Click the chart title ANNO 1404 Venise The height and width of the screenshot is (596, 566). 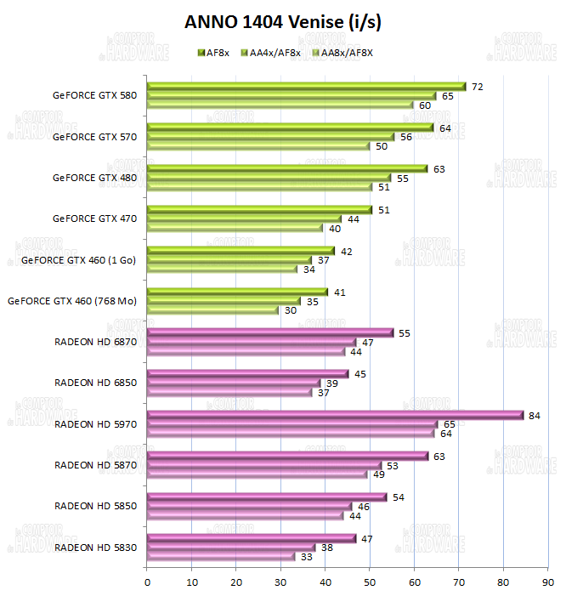pyautogui.click(x=283, y=22)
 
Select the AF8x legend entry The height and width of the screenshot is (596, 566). pyautogui.click(x=218, y=52)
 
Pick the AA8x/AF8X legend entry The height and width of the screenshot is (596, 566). pyautogui.click(x=344, y=52)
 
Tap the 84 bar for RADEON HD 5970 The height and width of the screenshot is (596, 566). pyautogui.click(x=335, y=415)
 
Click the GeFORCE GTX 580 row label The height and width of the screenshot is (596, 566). pyautogui.click(x=94, y=95)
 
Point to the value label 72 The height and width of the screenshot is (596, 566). pyautogui.click(x=478, y=87)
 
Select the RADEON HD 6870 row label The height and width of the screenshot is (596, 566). pyautogui.click(x=95, y=342)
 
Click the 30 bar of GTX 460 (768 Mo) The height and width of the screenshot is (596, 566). pyautogui.click(x=213, y=310)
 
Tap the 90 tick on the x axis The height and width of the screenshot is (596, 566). pyautogui.click(x=547, y=582)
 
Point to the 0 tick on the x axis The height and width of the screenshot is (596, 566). pyautogui.click(x=148, y=582)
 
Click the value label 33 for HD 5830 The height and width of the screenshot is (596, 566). pyautogui.click(x=304, y=557)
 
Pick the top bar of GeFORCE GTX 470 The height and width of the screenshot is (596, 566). pyautogui.click(x=260, y=209)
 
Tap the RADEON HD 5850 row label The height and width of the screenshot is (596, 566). pyautogui.click(x=95, y=506)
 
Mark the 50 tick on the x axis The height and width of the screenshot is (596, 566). pyautogui.click(x=370, y=582)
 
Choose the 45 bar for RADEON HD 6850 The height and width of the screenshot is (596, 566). pyautogui.click(x=248, y=374)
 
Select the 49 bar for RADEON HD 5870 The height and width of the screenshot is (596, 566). pyautogui.click(x=257, y=474)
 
